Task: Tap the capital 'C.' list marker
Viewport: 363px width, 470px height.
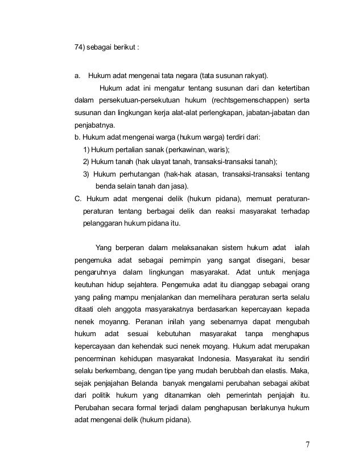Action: [x=78, y=199]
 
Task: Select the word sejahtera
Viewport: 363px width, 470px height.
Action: [x=140, y=285]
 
